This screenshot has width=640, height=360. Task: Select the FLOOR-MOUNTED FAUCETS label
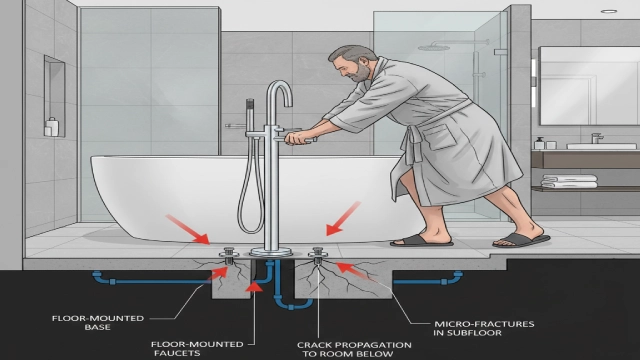click(191, 346)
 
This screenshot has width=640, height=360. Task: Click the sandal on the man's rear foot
click(520, 239)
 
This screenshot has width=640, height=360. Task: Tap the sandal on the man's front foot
click(421, 240)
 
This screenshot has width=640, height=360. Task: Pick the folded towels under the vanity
click(569, 182)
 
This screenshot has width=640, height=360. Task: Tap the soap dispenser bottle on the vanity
click(539, 142)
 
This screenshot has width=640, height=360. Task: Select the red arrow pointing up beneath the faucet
click(253, 290)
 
